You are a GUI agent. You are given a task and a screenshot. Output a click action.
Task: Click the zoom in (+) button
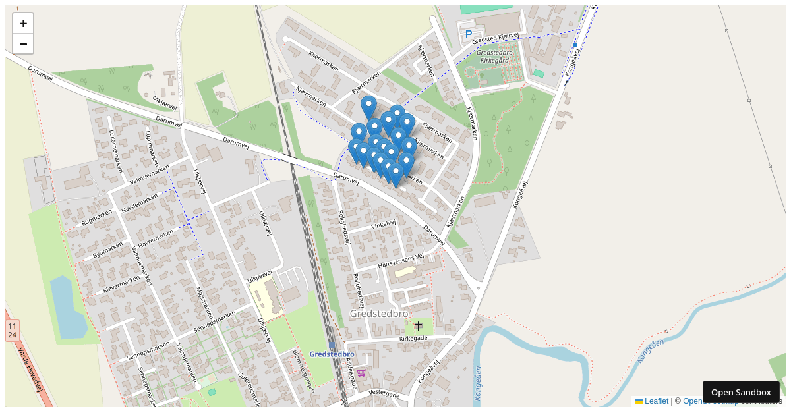click(23, 24)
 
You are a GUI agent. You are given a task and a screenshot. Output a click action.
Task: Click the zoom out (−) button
click(23, 44)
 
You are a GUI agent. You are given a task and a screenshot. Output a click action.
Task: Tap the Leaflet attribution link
click(656, 401)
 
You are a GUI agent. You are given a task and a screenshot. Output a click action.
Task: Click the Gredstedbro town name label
click(379, 314)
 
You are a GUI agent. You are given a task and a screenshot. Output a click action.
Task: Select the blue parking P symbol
click(469, 34)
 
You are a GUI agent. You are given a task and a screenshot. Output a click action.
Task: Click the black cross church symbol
click(418, 325)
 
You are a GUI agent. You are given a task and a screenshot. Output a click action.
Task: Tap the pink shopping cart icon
click(361, 373)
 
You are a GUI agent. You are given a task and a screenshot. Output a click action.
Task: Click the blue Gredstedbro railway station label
click(332, 354)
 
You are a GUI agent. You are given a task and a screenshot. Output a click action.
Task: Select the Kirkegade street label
click(413, 339)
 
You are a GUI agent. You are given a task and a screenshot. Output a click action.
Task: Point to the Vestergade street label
click(384, 394)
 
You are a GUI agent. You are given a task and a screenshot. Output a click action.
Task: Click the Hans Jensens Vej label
click(400, 261)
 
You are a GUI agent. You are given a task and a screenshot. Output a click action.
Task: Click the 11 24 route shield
click(12, 331)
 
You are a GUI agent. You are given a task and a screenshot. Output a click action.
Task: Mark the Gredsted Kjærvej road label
click(496, 39)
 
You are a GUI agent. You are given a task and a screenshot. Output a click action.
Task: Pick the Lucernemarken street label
click(117, 151)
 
